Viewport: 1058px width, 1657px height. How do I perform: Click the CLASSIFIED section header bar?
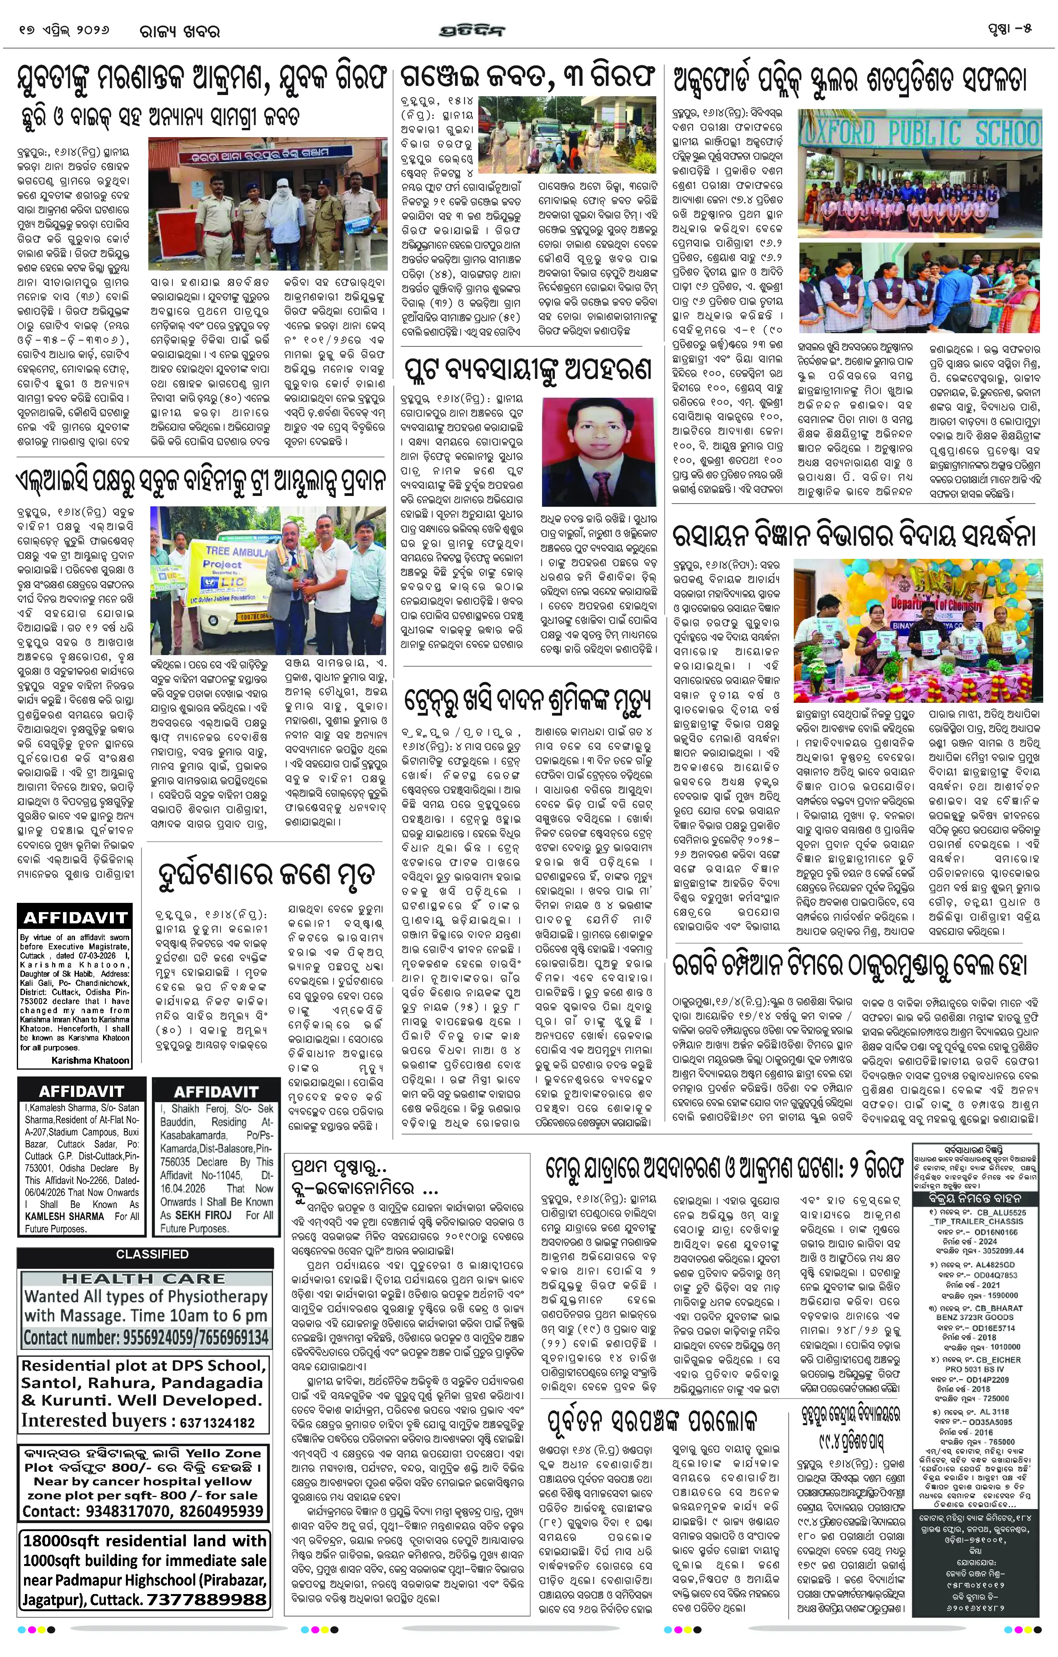152,1254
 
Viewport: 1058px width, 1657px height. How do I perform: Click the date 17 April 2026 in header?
65,31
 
